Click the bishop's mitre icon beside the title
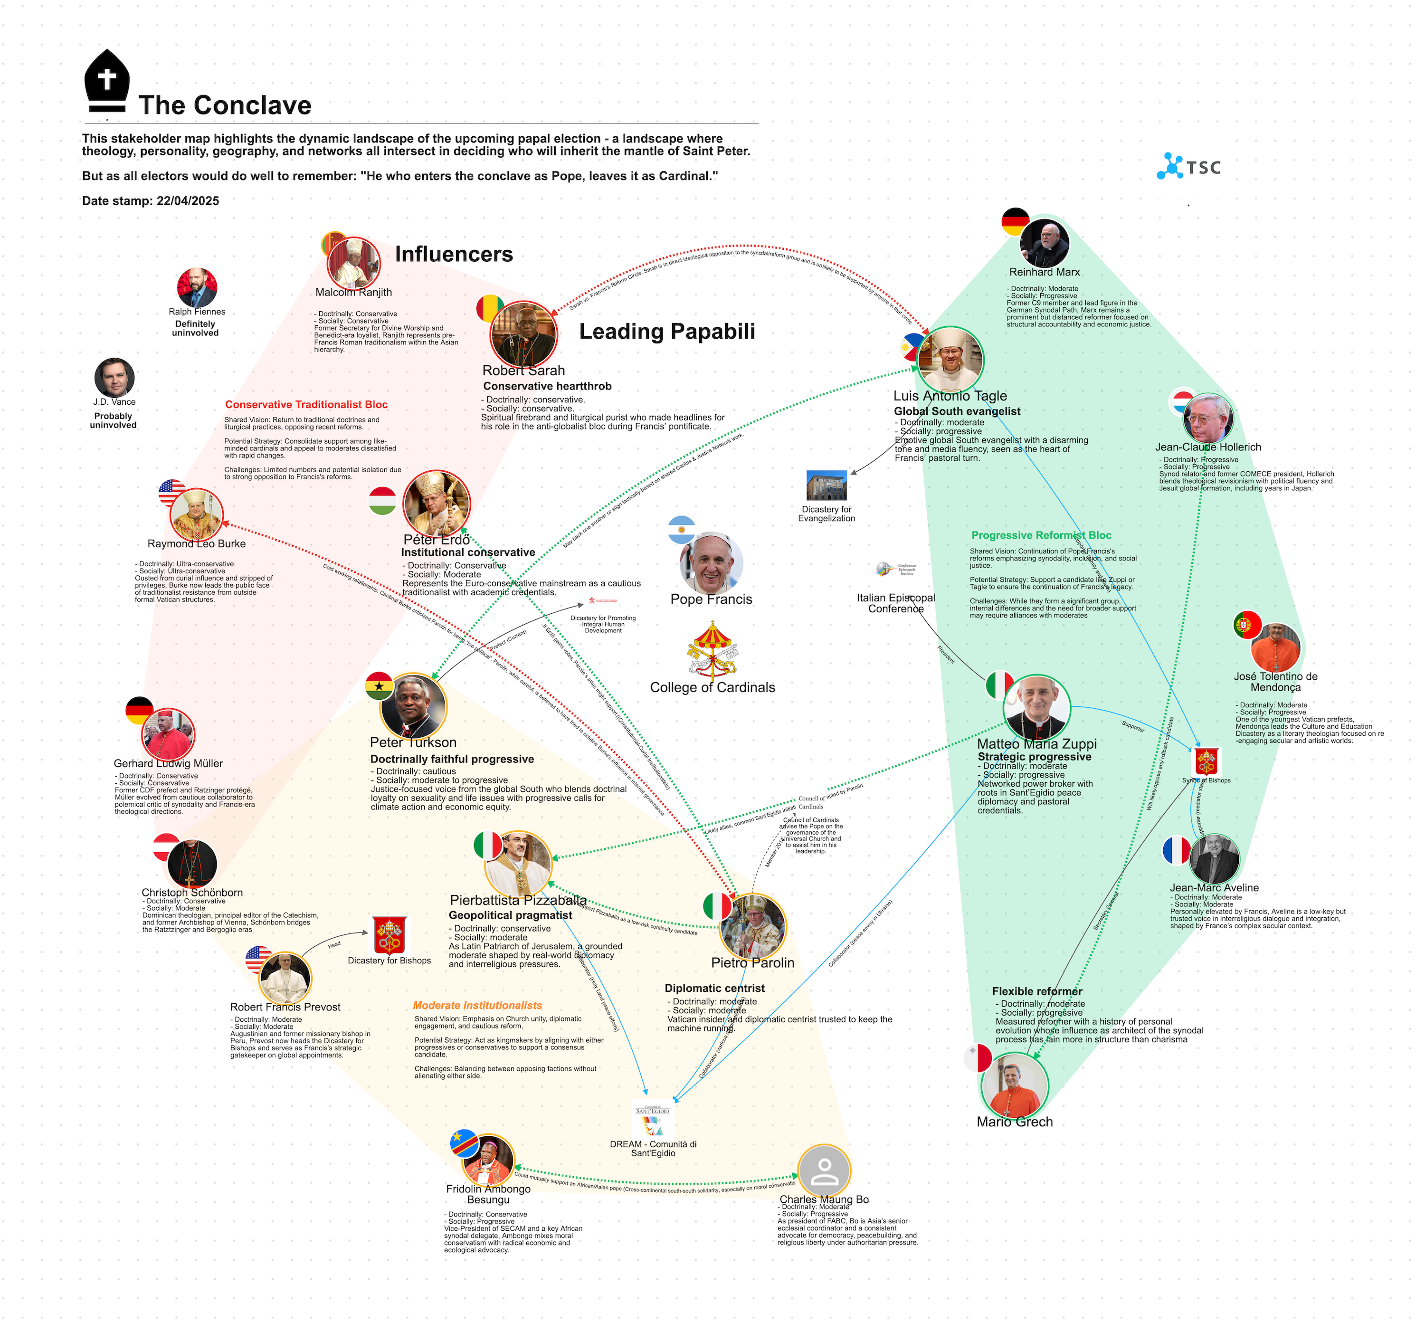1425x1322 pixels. tap(106, 80)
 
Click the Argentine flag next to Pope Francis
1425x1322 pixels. tap(681, 529)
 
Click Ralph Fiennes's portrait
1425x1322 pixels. tap(197, 287)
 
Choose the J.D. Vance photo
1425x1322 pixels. tap(114, 378)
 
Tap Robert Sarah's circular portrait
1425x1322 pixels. tap(523, 334)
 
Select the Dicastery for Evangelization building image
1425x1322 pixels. tap(826, 485)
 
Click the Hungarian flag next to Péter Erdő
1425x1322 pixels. tap(383, 501)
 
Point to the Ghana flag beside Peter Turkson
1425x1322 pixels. tap(379, 685)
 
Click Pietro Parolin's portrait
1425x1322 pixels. tap(752, 927)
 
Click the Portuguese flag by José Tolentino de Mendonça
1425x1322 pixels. tap(1247, 625)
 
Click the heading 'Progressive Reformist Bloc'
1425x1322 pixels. tap(1041, 535)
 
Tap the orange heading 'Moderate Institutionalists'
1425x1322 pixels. tap(477, 1005)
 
